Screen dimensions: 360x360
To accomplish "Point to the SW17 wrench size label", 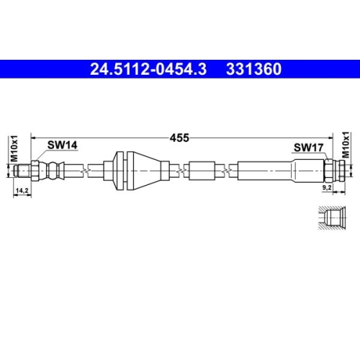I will [x=307, y=148].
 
